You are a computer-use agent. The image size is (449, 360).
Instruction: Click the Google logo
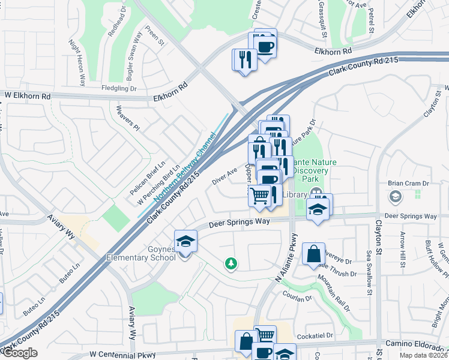click(19, 353)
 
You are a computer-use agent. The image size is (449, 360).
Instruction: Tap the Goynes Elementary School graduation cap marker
click(185, 242)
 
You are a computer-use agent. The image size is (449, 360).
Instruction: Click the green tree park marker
click(231, 263)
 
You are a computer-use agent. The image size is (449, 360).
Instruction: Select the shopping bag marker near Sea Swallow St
click(313, 254)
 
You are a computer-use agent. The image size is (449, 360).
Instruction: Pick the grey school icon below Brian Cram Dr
click(396, 196)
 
